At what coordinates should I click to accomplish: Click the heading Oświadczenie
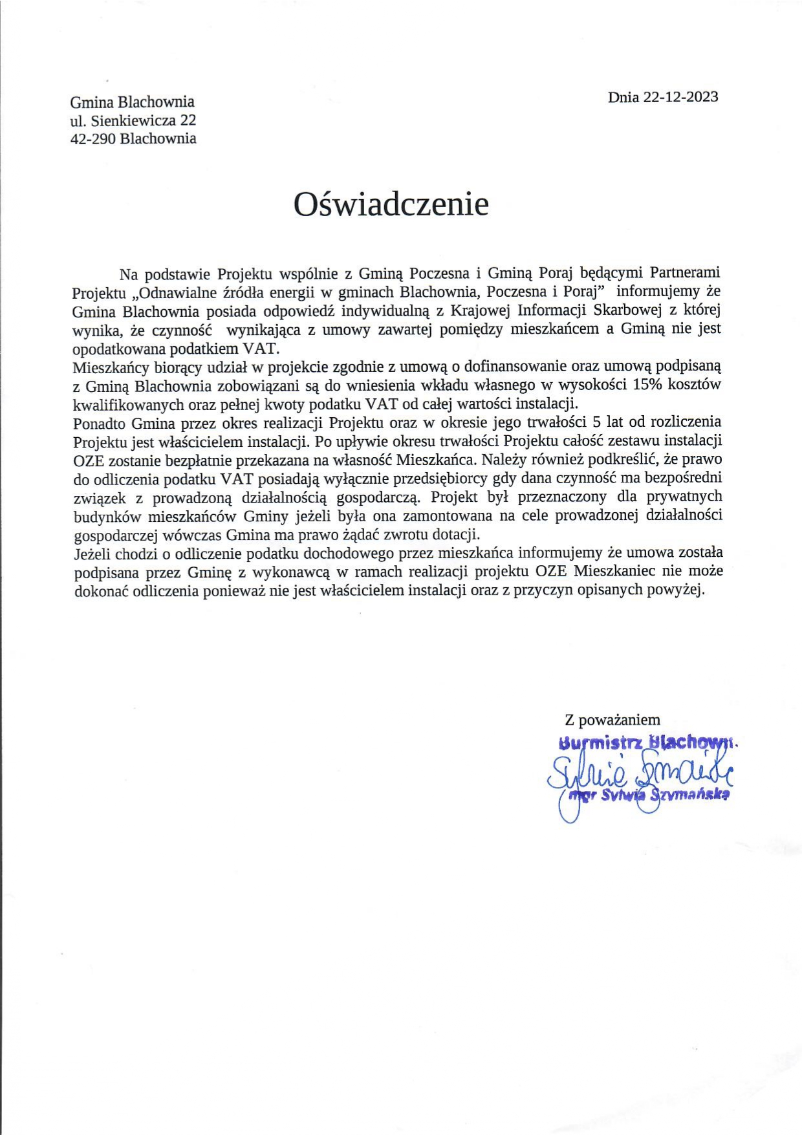click(391, 204)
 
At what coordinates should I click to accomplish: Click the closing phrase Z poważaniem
click(612, 720)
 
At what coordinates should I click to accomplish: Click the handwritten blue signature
click(640, 773)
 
